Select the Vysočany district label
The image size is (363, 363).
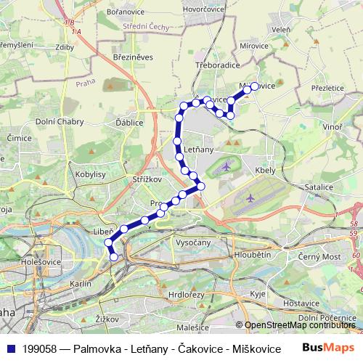point(193,243)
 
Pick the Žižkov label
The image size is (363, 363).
point(107,319)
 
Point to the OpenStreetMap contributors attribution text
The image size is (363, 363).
point(300,325)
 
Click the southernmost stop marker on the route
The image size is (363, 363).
point(114,256)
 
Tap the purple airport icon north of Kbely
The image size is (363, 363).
point(226,166)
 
